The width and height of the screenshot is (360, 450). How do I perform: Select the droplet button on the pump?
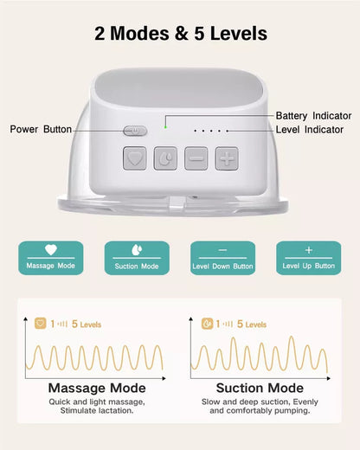[x=164, y=158]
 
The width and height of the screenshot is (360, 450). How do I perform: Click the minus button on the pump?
[x=196, y=158]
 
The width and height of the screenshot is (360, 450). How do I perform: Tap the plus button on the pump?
[x=227, y=158]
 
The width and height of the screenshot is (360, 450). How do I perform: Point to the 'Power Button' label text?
[x=41, y=130]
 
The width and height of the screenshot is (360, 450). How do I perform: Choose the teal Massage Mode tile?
[x=51, y=257]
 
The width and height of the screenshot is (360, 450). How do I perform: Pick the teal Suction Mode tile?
[x=137, y=257]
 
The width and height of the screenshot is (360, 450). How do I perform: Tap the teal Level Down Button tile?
[x=222, y=257]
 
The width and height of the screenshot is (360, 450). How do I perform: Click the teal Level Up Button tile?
[x=308, y=257]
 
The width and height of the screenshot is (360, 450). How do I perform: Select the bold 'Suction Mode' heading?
[x=260, y=389]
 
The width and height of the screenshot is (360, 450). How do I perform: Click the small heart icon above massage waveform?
[x=40, y=325]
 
